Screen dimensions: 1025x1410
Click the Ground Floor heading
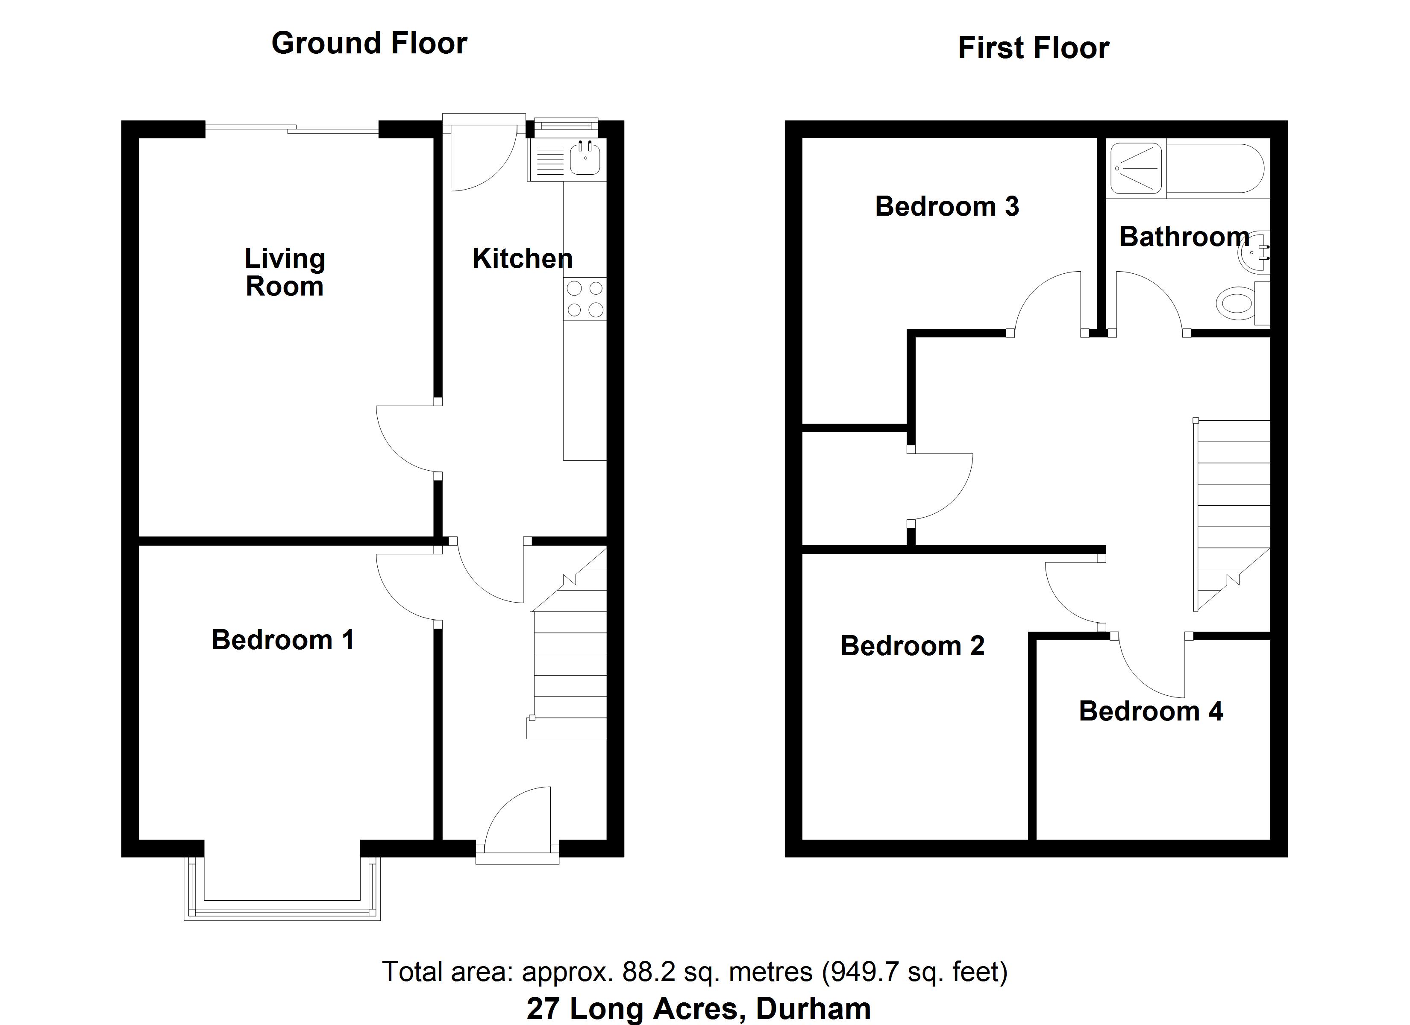[369, 44]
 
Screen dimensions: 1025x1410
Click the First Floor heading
[1033, 48]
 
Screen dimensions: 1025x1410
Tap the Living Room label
[285, 272]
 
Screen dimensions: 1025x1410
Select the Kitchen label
[522, 258]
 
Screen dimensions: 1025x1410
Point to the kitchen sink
[585, 158]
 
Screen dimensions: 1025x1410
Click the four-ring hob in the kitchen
[585, 299]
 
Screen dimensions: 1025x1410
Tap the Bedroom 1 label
[283, 640]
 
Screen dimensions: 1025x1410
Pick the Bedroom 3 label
[947, 206]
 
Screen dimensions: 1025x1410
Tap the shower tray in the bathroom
[1136, 168]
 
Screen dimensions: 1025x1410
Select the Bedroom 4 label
[1151, 711]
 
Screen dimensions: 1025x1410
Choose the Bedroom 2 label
[912, 646]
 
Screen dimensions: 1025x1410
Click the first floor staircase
[1231, 510]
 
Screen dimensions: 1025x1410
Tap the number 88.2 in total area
[649, 972]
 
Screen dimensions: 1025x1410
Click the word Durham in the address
[813, 1008]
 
